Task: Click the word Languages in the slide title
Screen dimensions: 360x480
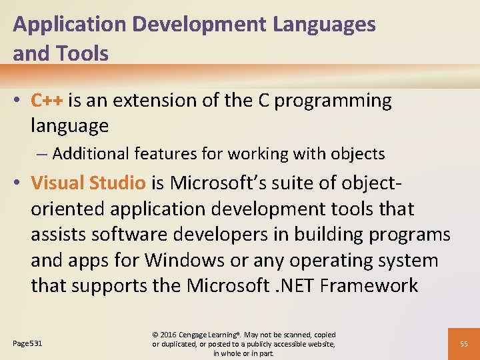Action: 324,25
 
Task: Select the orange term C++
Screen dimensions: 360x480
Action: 47,101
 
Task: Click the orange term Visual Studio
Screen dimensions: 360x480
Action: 88,183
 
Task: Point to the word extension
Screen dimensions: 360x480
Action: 151,101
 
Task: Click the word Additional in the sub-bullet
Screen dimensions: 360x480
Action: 91,154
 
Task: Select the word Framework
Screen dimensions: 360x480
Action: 369,286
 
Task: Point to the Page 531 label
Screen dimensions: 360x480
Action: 27,343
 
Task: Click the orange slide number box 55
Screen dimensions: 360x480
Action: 463,343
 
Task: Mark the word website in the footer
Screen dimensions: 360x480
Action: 320,344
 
